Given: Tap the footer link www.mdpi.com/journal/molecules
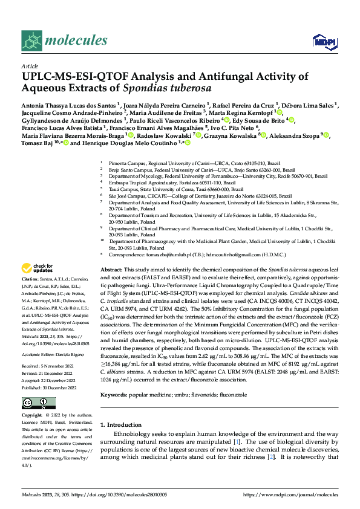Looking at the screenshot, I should click(290, 494).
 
